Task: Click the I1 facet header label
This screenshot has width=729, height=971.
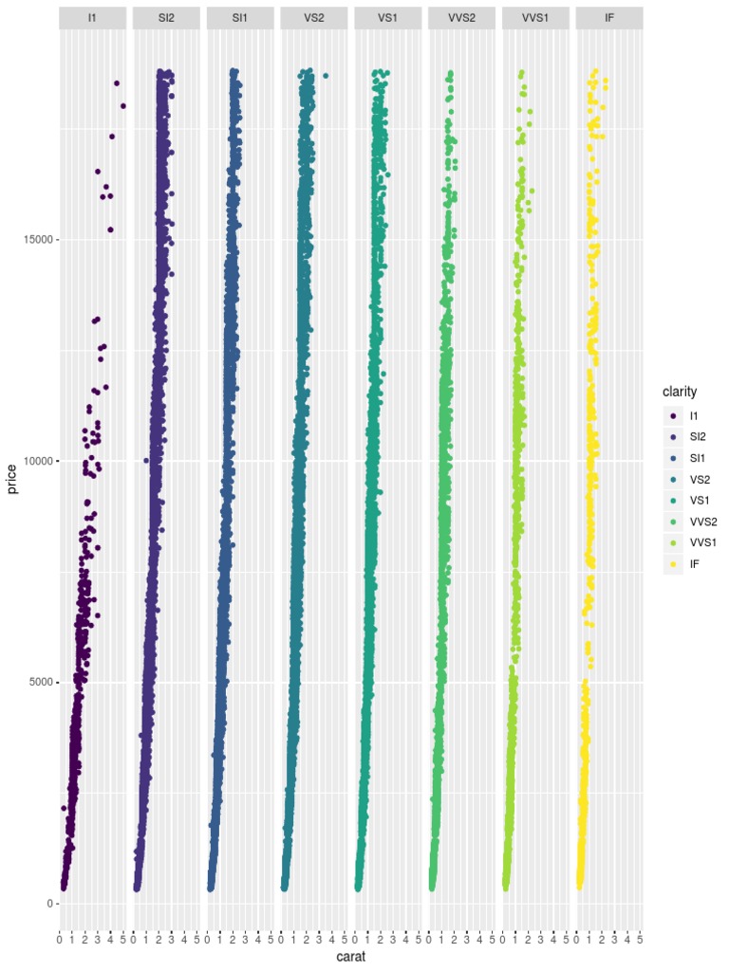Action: [x=92, y=18]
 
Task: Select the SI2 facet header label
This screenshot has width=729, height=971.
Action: [x=166, y=18]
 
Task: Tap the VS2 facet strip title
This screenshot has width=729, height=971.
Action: [x=313, y=18]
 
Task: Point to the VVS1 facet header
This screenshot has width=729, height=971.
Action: [x=535, y=18]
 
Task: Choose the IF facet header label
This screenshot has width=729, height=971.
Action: [x=609, y=18]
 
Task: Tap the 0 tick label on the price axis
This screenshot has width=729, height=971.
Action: [x=48, y=904]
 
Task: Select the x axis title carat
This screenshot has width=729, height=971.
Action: [x=351, y=959]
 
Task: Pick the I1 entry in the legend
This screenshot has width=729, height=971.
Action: [x=694, y=416]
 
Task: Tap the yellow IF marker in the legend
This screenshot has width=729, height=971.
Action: [x=673, y=563]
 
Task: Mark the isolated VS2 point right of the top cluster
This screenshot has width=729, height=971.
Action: [x=326, y=76]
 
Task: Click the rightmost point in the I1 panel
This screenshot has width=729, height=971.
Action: [x=123, y=105]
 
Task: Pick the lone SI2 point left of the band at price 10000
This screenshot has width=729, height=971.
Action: [x=145, y=461]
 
